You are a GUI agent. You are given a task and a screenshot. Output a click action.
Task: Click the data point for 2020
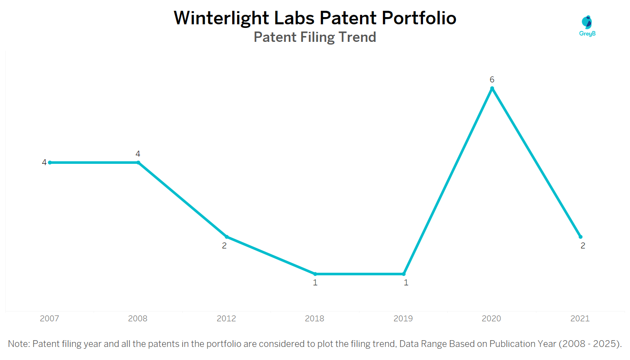tap(492, 89)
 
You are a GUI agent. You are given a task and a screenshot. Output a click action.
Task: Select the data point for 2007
tap(50, 162)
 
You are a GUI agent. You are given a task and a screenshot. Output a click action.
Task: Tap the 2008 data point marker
tap(138, 162)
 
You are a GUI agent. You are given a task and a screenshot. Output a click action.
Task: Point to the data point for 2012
tap(226, 237)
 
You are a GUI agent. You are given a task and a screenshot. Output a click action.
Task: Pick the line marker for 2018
tap(315, 274)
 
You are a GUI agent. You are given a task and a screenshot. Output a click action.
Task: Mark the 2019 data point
tap(404, 274)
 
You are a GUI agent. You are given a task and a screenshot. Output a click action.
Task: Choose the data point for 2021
tap(580, 237)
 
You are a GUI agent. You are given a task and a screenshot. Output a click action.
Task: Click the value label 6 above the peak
tap(492, 80)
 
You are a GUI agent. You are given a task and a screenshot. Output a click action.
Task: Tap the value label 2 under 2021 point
tap(583, 246)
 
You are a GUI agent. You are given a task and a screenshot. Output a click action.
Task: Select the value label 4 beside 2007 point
tap(44, 162)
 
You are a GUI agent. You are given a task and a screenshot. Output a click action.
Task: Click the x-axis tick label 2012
tap(226, 319)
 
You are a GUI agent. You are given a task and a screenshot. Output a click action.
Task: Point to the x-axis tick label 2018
tap(315, 319)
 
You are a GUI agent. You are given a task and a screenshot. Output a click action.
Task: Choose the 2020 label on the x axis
tap(491, 319)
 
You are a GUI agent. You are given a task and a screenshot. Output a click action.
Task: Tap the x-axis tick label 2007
tap(49, 319)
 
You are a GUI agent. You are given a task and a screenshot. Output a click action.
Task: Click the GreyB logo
tap(588, 25)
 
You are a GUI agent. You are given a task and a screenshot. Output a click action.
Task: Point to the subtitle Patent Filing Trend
tap(315, 37)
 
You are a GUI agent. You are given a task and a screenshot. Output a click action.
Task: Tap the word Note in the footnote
tap(18, 344)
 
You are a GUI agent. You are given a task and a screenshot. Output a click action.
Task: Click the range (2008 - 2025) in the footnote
tap(590, 344)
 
